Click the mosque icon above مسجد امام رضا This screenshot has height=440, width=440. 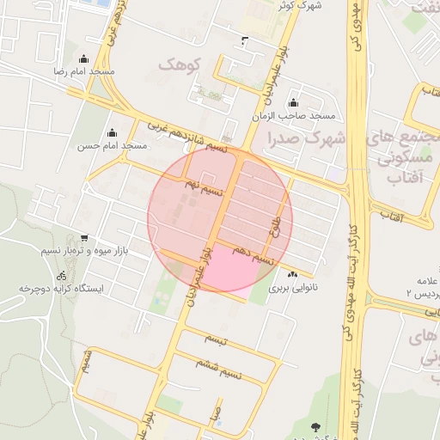tap(83, 58)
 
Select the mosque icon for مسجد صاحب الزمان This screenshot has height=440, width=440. tap(293, 102)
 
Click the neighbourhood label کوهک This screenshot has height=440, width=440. tap(179, 64)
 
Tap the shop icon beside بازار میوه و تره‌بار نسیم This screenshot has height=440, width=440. tap(83, 238)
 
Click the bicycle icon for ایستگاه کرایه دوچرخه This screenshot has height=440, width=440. tap(61, 276)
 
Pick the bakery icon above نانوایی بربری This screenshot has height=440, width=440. tap(293, 275)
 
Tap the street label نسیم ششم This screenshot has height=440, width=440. tap(234, 364)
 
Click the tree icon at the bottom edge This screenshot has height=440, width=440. tap(315, 425)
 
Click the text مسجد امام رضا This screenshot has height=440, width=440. tap(83, 73)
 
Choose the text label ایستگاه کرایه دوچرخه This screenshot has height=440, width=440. tap(61, 290)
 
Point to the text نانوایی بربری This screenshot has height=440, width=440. tap(293, 289)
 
